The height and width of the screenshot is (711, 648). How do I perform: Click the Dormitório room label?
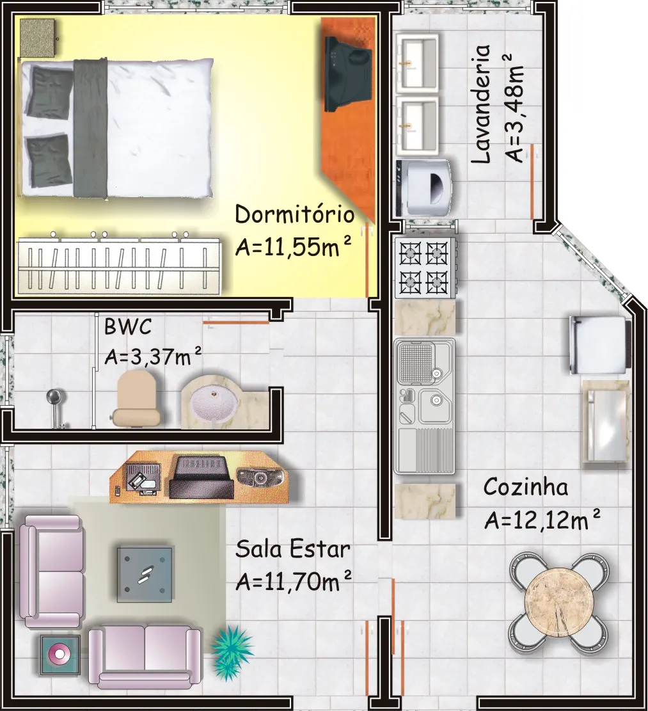(294, 214)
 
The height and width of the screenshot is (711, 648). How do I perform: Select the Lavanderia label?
(481, 104)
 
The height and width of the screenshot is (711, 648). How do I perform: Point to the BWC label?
(128, 326)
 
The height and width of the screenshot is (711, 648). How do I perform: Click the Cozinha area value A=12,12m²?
(542, 520)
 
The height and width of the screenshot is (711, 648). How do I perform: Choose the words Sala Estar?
(293, 549)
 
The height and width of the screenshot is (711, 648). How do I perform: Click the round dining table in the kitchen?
(558, 602)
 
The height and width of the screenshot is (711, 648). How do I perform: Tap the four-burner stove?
(425, 268)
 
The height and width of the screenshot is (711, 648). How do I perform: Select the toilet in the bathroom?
(136, 397)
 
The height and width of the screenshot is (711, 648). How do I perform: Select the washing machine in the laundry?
(423, 187)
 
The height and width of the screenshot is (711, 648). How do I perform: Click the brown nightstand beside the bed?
(38, 38)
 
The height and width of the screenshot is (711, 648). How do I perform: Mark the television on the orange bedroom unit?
(347, 74)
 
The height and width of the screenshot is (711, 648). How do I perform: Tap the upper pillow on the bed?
(49, 92)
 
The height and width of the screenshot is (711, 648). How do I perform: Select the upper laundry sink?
(417, 62)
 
